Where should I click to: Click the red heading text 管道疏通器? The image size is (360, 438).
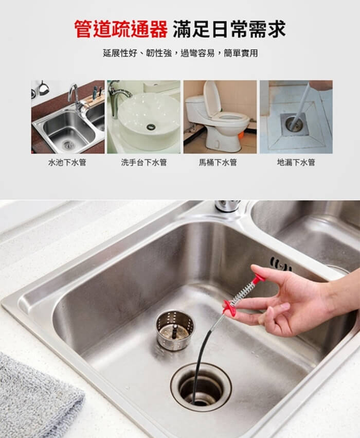[x=121, y=29]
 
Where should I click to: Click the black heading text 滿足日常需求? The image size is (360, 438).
[x=229, y=29]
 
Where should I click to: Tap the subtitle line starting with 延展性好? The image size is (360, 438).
[x=181, y=53]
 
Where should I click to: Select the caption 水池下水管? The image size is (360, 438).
[x=67, y=162]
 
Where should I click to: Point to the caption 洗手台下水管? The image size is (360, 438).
[x=143, y=162]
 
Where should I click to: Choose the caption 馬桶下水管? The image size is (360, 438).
[x=218, y=162]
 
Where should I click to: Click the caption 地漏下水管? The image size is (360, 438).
[x=296, y=162]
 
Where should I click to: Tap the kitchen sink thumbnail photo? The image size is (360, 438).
[x=68, y=117]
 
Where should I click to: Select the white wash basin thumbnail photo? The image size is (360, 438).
[x=143, y=117]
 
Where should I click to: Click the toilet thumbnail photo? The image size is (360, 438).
[x=220, y=117]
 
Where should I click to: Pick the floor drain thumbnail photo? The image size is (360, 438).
[x=296, y=117]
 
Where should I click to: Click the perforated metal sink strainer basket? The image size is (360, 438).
[x=175, y=330]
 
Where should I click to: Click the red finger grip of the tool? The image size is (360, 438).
[x=229, y=307]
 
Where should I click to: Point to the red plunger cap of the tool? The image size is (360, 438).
[x=258, y=278]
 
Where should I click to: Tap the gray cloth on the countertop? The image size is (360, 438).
[x=39, y=397]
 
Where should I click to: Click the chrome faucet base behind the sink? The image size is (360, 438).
[x=227, y=205]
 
